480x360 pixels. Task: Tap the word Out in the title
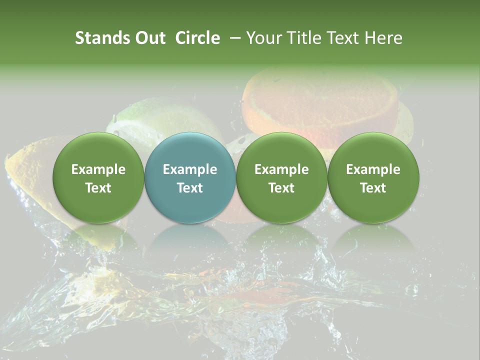[x=148, y=38]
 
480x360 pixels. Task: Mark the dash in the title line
[x=233, y=38]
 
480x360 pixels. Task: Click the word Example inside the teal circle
[x=190, y=169]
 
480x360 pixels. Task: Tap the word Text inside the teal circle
[x=190, y=188]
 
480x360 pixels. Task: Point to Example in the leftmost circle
[x=98, y=169]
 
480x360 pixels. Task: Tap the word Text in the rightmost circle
[x=373, y=188]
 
